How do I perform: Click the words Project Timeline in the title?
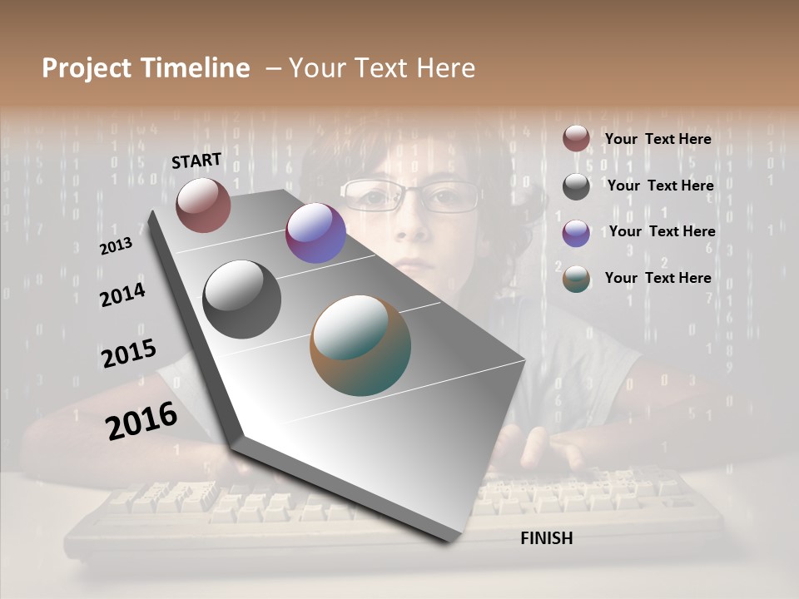[x=146, y=68]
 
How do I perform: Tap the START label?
[x=196, y=161]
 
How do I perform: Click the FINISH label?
[x=547, y=538]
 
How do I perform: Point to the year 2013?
[x=116, y=246]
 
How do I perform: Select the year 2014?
[x=122, y=295]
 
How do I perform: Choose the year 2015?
[x=129, y=353]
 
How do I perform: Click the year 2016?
[x=141, y=420]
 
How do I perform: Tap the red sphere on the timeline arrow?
[x=203, y=205]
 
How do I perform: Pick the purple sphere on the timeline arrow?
[x=315, y=233]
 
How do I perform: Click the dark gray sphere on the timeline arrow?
[x=241, y=299]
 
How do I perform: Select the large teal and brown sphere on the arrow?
[x=360, y=345]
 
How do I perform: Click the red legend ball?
[x=576, y=139]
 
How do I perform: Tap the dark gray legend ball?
[x=576, y=186]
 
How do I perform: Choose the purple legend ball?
[x=576, y=233]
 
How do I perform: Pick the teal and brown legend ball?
[x=576, y=279]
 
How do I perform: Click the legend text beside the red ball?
[x=658, y=139]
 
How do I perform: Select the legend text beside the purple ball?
[x=662, y=231]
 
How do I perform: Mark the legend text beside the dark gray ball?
[x=660, y=186]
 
